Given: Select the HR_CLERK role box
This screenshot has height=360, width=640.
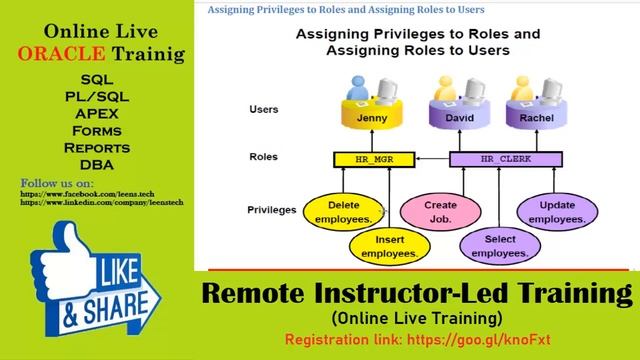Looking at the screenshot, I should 500,159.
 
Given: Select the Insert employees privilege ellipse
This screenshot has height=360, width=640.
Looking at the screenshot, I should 383,247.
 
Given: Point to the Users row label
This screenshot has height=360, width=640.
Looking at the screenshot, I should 263,109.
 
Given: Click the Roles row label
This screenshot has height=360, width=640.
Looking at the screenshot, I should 263,157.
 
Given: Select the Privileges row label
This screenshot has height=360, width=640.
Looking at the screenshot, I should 273,210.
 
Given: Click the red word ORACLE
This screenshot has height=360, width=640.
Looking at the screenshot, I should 60,54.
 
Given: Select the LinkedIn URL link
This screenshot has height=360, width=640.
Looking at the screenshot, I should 100,203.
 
